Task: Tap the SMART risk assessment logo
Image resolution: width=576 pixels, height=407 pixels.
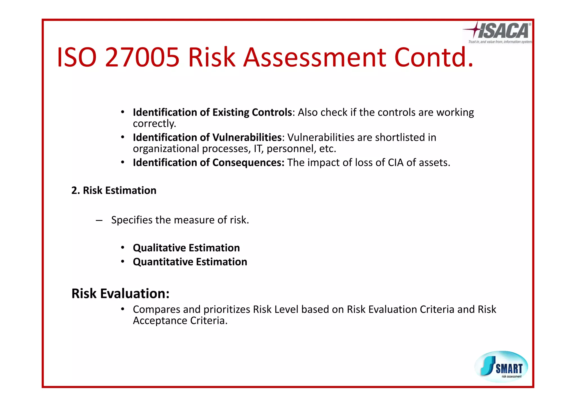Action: (x=501, y=367)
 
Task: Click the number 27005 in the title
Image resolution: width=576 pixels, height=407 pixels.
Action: (x=142, y=58)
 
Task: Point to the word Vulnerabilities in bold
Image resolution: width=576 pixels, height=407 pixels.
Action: (x=247, y=137)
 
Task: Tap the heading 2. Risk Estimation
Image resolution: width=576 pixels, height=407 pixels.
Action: (x=114, y=191)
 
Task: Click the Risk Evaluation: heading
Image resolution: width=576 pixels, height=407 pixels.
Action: (x=120, y=294)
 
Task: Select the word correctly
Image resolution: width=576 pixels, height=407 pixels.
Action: (x=154, y=124)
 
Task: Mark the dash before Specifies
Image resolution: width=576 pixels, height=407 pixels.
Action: (x=99, y=220)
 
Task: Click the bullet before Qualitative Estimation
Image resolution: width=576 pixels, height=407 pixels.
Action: (x=123, y=248)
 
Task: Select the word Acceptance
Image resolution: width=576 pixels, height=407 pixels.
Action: (x=160, y=321)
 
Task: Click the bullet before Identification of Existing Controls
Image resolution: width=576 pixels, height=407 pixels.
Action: (x=123, y=112)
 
